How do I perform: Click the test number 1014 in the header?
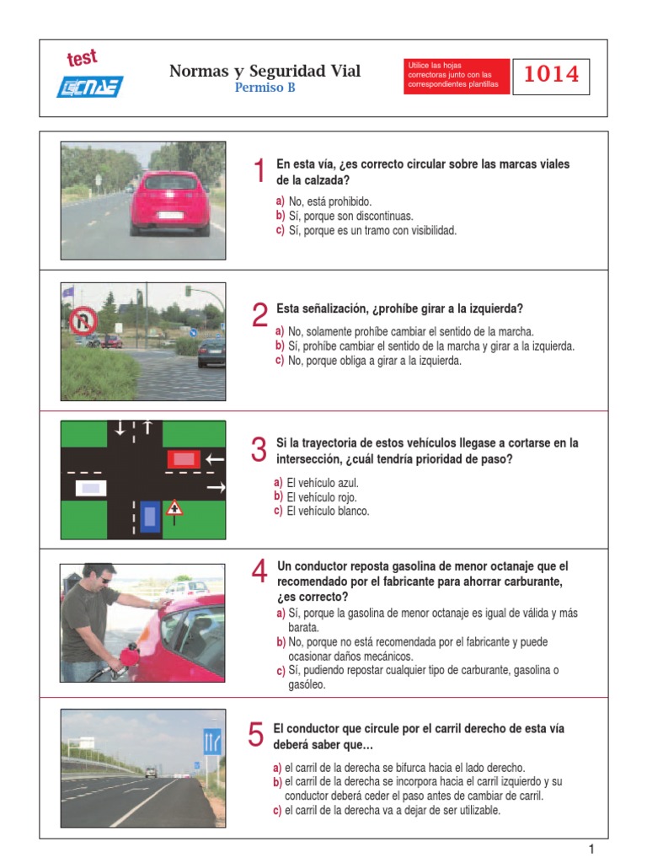point(551,74)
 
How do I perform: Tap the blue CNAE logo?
point(89,87)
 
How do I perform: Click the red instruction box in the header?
point(456,76)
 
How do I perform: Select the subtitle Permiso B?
point(265,88)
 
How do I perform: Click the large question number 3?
point(259,450)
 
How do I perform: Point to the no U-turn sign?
point(83,321)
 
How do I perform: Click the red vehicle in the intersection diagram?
point(184,459)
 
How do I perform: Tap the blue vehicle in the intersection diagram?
point(150,517)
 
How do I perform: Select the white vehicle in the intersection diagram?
point(91,488)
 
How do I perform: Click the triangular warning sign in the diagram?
point(174,508)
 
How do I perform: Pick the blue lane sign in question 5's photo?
point(212,742)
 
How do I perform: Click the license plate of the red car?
point(170,215)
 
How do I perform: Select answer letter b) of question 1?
point(281,216)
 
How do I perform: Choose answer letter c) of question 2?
point(280,361)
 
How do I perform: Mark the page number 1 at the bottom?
point(591,850)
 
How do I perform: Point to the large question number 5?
point(256,734)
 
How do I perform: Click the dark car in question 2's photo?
point(211,352)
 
